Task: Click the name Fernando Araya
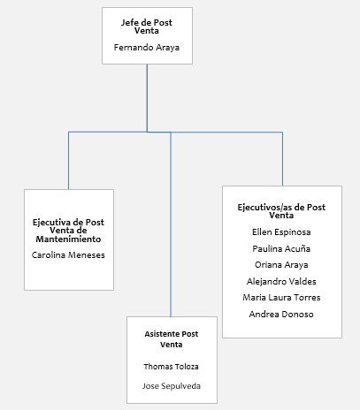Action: [147, 48]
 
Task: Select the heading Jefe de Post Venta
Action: [147, 27]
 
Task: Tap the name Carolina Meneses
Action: [68, 254]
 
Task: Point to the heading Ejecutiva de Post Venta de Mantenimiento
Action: [68, 231]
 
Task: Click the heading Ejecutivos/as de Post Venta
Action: [281, 211]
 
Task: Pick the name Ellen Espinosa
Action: [281, 232]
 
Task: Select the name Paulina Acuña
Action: [281, 249]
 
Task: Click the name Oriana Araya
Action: [281, 265]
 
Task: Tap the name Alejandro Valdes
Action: [281, 281]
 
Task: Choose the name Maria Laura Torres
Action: [281, 298]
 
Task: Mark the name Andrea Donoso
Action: [281, 315]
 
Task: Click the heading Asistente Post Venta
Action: [172, 339]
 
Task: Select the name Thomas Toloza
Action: [172, 367]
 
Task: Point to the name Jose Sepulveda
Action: [172, 386]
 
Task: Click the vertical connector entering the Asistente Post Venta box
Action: [171, 224]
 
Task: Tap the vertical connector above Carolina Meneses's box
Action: [68, 161]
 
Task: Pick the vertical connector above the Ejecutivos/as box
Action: [282, 159]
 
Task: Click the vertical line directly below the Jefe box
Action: [147, 98]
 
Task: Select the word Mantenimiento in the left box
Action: [68, 239]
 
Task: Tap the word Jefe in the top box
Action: [128, 23]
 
